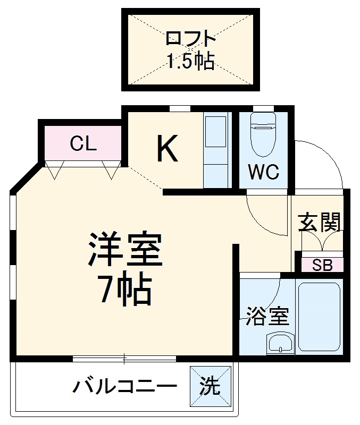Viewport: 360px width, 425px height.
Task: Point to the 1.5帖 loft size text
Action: pos(191,62)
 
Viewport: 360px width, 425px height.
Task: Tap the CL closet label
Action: pos(83,143)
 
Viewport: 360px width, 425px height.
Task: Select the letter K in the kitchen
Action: pos(166,149)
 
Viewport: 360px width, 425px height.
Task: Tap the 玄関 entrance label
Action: pos(317,222)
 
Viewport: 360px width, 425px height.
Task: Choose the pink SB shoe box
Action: pos(322,265)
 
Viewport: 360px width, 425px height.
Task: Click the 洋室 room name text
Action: pos(125,250)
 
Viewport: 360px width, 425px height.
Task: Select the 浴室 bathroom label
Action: pos(267,317)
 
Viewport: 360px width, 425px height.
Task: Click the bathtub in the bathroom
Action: pos(319,317)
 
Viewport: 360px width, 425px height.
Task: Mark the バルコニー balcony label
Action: pos(125,387)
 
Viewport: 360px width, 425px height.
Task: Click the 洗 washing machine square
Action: pos(211,386)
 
